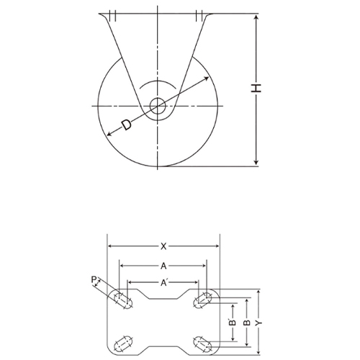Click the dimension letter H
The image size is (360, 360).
(256, 88)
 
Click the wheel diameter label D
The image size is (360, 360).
(127, 125)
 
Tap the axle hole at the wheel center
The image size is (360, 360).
(158, 106)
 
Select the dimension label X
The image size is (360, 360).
(163, 246)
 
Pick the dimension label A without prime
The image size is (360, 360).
(163, 266)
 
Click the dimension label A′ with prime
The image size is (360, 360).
(164, 283)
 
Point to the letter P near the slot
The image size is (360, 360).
(94, 279)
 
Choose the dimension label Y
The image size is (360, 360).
(258, 323)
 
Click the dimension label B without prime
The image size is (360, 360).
(247, 323)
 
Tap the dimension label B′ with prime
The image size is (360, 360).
(233, 323)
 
